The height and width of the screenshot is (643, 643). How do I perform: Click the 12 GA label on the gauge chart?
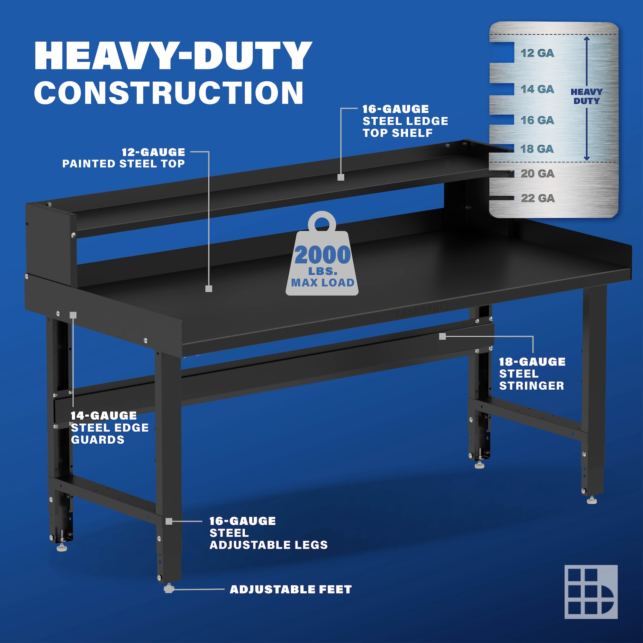pos(538,53)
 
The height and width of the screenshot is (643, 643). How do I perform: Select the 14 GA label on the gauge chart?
pos(538,89)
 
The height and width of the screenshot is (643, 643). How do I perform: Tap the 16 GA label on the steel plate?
pos(538,120)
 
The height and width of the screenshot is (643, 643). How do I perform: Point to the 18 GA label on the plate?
pos(538,149)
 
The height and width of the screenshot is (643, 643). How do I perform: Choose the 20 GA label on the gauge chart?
pos(538,173)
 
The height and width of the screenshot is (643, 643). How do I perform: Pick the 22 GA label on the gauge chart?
pos(538,198)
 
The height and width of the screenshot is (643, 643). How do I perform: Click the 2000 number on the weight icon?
pos(322,255)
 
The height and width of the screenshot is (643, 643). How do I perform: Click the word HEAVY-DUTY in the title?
pos(173,56)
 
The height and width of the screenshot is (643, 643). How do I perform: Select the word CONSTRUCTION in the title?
pos(169,93)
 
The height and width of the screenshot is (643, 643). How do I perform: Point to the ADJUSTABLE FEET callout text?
pos(291,589)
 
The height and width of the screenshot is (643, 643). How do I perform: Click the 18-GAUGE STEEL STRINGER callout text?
pos(532,374)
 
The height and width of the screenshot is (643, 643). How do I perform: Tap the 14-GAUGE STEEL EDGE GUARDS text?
pos(110,428)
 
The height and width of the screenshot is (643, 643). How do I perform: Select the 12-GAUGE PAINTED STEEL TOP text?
pos(123,158)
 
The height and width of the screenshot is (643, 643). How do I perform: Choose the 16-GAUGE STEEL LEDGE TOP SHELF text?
pos(405,121)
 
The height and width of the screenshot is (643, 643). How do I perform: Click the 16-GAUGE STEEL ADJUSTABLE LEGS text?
pos(268,533)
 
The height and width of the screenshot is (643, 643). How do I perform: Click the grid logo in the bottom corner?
pos(591,592)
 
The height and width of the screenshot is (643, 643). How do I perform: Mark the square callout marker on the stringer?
pos(442,337)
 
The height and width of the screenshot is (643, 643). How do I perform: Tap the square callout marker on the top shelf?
pos(340,177)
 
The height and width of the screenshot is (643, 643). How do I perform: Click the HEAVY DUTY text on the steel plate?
pos(586,96)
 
